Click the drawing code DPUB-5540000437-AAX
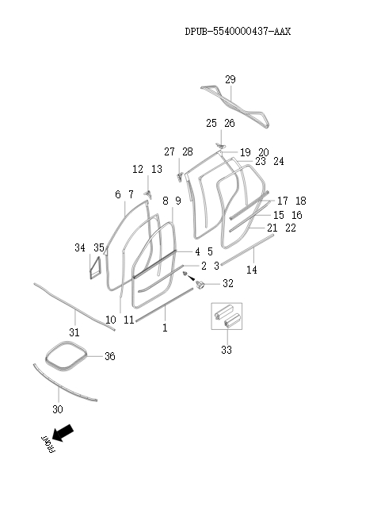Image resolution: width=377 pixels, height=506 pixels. (x=238, y=33)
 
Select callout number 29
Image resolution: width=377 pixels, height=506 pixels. (x=230, y=79)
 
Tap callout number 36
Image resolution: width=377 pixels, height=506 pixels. (x=110, y=357)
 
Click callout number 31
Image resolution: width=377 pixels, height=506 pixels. (x=73, y=332)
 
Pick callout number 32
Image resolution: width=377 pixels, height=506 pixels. (x=227, y=283)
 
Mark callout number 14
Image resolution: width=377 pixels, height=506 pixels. (x=252, y=270)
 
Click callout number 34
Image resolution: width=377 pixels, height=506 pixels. (x=80, y=248)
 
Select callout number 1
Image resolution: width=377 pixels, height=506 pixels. (x=165, y=327)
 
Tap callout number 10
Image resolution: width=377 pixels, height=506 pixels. (x=110, y=320)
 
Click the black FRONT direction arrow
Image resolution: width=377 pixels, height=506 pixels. (x=63, y=433)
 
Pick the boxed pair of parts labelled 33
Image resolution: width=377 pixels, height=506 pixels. (x=225, y=318)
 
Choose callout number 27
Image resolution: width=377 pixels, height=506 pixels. (x=169, y=151)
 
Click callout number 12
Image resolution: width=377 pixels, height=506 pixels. (x=137, y=169)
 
